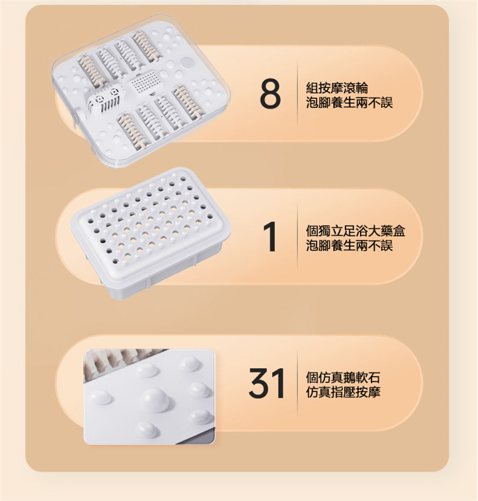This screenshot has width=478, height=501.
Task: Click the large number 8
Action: point(270,94)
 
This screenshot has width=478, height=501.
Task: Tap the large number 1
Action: point(270,237)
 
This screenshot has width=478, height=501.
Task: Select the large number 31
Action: point(267,383)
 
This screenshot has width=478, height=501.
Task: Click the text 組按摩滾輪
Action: point(337,87)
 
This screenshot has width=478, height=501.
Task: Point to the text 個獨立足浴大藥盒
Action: point(356,230)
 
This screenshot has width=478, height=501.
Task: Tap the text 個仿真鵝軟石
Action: point(343,377)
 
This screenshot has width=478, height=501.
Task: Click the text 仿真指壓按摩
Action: point(343,392)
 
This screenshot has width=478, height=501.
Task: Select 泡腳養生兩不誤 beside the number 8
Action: point(349,102)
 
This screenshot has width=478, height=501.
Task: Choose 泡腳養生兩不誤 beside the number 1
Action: point(349,245)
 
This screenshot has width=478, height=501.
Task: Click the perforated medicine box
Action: point(150,232)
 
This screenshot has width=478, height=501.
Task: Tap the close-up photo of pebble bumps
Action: point(149,396)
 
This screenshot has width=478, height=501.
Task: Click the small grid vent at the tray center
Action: point(144,82)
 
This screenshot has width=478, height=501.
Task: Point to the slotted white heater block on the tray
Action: point(105,98)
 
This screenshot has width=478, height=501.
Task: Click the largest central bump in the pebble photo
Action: point(154,400)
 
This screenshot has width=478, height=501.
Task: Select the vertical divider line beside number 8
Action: point(298,94)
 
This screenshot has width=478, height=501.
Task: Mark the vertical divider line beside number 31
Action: point(298,383)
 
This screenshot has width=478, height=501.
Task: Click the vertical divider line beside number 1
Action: point(298,237)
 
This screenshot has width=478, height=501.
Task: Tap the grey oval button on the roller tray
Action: point(187,62)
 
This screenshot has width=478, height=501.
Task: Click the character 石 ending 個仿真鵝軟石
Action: point(374,377)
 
